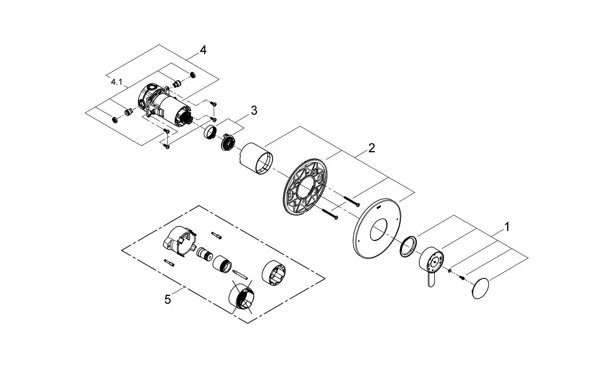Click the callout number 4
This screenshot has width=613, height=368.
tap(203, 50)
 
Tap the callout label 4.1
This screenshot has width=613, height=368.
tap(116, 82)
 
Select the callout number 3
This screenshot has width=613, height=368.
tap(254, 111)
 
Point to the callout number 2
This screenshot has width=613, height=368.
tap(371, 148)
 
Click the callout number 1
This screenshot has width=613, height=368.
tap(507, 227)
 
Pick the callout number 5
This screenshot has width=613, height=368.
tap(168, 299)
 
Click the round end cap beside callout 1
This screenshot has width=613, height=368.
tap(480, 289)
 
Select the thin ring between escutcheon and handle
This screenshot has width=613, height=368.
tap(408, 246)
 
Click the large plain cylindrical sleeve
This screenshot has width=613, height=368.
tap(257, 159)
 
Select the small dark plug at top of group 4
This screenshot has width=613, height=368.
tap(192, 75)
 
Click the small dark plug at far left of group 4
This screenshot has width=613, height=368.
tap(115, 120)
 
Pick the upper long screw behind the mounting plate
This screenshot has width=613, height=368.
tap(352, 201)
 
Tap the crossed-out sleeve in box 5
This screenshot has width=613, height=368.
tap(242, 296)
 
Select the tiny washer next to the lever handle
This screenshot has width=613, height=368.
tap(450, 271)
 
